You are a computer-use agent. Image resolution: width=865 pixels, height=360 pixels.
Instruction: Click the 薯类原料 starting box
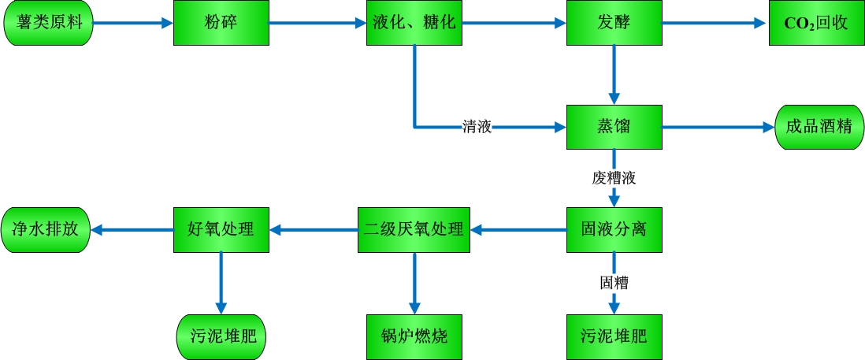(x=49, y=23)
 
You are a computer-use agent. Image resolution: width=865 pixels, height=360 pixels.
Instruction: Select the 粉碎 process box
(x=221, y=23)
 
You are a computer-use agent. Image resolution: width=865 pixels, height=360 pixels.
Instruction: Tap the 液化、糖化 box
(x=414, y=23)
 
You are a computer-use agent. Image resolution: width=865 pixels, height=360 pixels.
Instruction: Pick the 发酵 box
(x=614, y=23)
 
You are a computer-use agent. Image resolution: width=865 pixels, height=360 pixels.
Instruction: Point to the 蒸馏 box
(x=614, y=126)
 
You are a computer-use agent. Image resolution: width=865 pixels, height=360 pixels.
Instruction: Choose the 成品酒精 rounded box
(x=819, y=126)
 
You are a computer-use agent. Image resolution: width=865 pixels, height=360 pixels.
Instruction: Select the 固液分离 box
(x=614, y=230)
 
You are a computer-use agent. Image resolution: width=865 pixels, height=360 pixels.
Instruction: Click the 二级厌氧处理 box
(x=414, y=230)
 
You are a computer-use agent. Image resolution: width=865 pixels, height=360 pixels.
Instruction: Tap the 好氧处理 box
(x=221, y=230)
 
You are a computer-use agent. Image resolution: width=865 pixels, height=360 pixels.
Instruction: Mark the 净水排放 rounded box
(x=46, y=230)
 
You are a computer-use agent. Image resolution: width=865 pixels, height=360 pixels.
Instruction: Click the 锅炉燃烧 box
(x=414, y=337)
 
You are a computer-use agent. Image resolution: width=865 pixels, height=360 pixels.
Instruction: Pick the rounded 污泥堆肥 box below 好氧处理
(x=221, y=337)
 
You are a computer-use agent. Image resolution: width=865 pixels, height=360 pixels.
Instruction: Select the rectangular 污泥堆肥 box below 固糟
(x=614, y=337)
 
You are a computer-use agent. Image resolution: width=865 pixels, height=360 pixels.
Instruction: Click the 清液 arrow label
(x=477, y=126)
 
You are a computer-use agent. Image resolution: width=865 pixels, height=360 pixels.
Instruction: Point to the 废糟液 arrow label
(x=614, y=178)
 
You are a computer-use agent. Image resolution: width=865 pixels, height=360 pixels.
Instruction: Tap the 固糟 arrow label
(x=614, y=281)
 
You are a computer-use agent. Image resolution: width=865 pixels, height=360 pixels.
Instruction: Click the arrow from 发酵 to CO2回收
(x=714, y=23)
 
